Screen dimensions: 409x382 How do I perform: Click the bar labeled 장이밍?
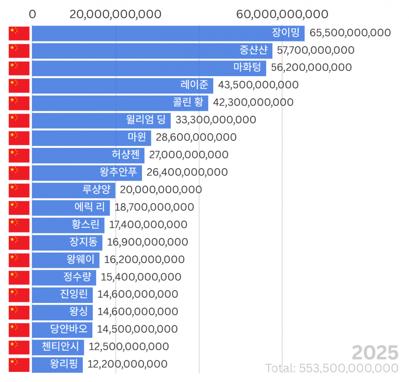coord(168,33)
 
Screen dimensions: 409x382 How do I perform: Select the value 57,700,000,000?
coord(316,50)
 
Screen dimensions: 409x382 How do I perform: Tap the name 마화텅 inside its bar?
coord(247,67)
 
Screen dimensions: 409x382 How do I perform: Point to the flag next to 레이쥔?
coord(19,86)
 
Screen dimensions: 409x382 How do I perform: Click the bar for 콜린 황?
coord(120,103)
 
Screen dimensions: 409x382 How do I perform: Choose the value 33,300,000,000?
coord(216,120)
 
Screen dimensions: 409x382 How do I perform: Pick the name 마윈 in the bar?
coord(137,137)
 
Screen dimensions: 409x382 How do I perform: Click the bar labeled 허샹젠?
coord(88,156)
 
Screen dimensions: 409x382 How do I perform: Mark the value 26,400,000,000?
coord(187,172)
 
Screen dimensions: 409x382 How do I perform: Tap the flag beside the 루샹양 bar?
coord(19,191)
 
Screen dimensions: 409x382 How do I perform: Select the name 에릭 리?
coord(89,207)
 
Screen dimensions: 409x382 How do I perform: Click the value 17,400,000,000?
coord(148,224)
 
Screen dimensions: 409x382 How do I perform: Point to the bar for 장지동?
coord(67,243)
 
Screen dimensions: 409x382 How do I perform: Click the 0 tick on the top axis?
coord(32,14)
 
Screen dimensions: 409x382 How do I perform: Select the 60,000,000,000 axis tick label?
coord(282,14)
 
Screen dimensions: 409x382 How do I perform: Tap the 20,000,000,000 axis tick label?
coord(115,14)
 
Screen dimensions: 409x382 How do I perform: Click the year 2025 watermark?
coord(375,353)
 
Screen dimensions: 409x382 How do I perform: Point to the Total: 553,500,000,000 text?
coord(332,368)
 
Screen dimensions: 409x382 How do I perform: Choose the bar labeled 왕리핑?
coord(57,365)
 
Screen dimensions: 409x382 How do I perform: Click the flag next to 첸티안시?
coord(19,347)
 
